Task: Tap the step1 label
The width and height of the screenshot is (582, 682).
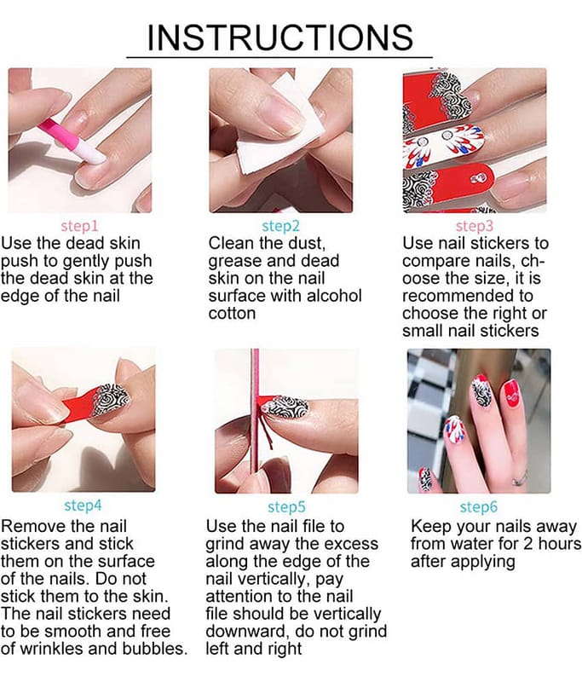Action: tap(79, 226)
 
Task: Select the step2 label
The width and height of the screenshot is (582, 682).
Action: tap(281, 226)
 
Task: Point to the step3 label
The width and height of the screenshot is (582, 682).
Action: tap(475, 226)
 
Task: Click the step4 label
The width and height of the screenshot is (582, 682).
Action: tap(83, 506)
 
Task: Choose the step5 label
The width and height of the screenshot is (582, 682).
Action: tap(286, 506)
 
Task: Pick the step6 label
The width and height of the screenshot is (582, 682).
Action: tap(479, 506)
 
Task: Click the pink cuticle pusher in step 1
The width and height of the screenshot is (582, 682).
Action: tap(72, 140)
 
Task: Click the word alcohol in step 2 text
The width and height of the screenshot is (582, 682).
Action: tap(334, 296)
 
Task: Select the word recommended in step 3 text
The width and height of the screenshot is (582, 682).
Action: tap(467, 296)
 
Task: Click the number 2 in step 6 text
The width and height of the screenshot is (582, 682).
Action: tap(528, 544)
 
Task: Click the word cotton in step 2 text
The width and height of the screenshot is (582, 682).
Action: tap(232, 314)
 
